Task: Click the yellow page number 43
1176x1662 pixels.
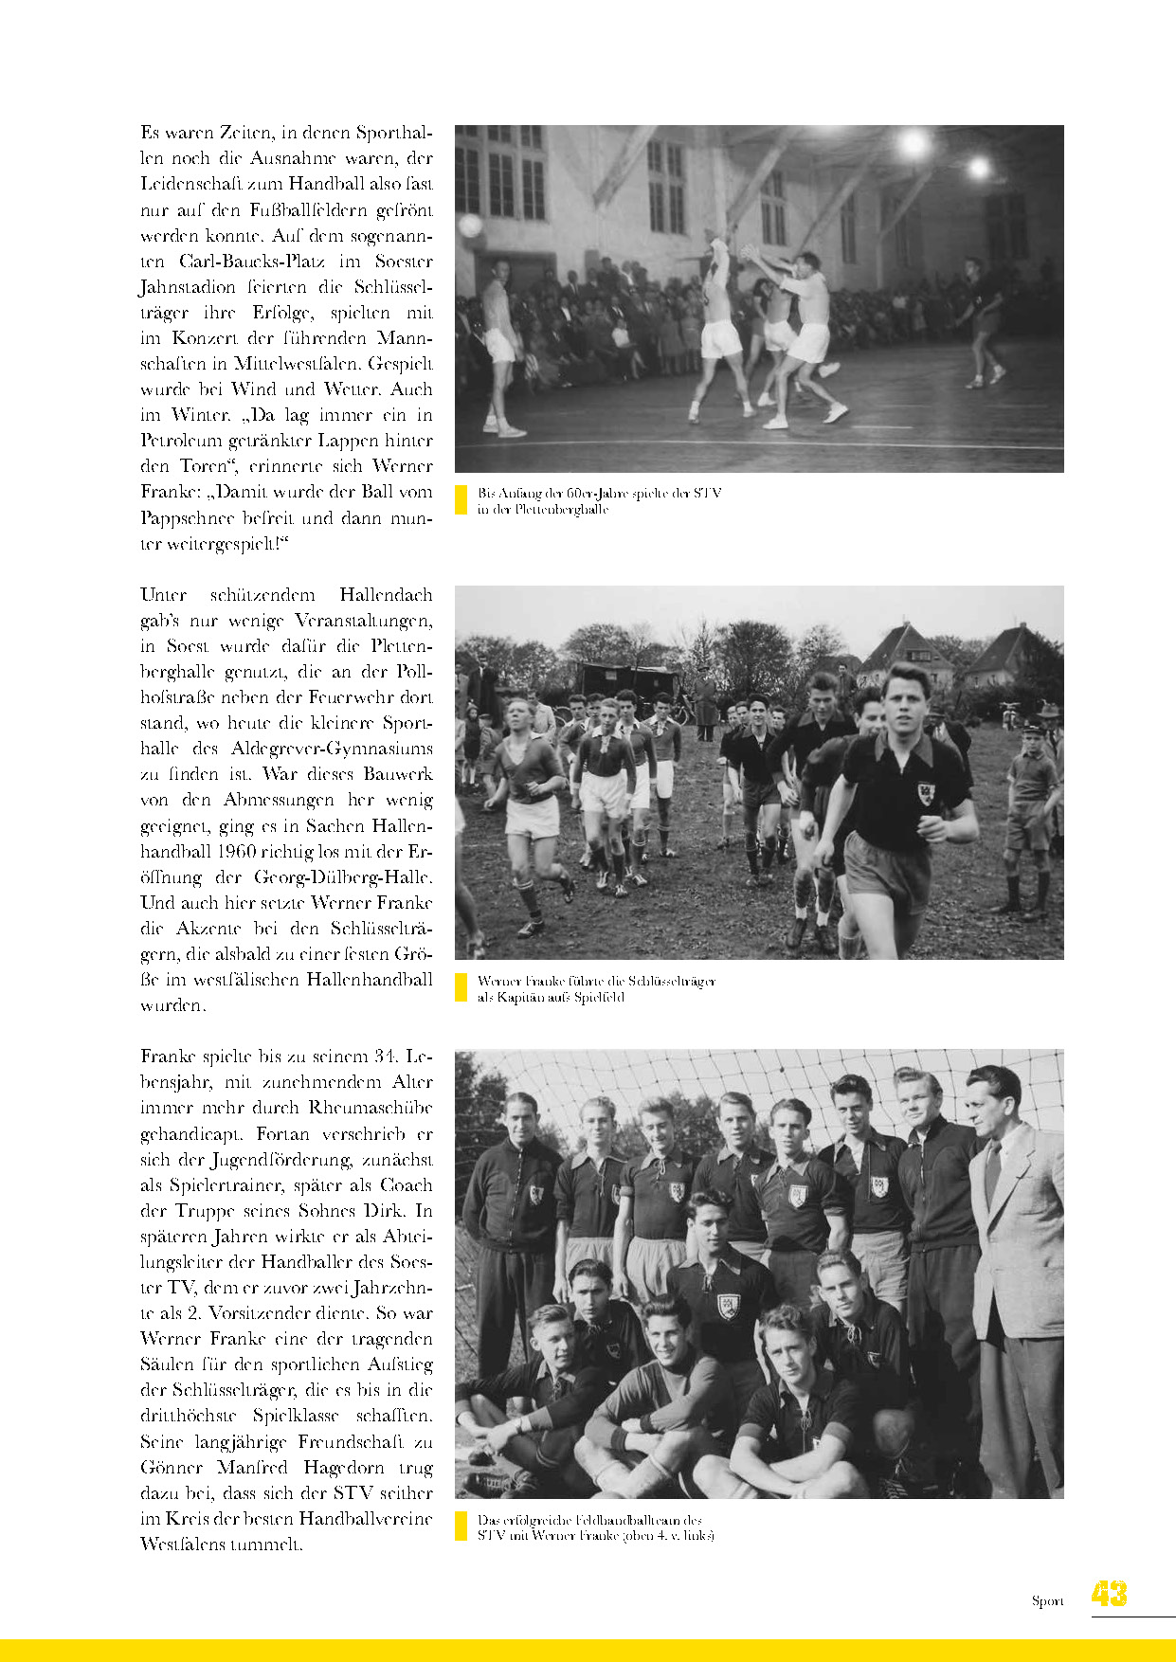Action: [1109, 1594]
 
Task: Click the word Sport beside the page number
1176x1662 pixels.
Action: [1047, 1601]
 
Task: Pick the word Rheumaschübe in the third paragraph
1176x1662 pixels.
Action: [370, 1108]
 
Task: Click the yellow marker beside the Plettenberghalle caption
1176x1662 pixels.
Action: [461, 500]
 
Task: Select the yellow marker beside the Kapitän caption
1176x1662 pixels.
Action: [461, 988]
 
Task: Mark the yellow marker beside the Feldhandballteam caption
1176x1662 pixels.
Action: [461, 1526]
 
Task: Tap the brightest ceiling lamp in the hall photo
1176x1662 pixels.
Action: [914, 145]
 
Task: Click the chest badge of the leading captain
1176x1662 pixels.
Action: [925, 792]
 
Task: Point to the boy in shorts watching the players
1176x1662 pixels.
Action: [1031, 805]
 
